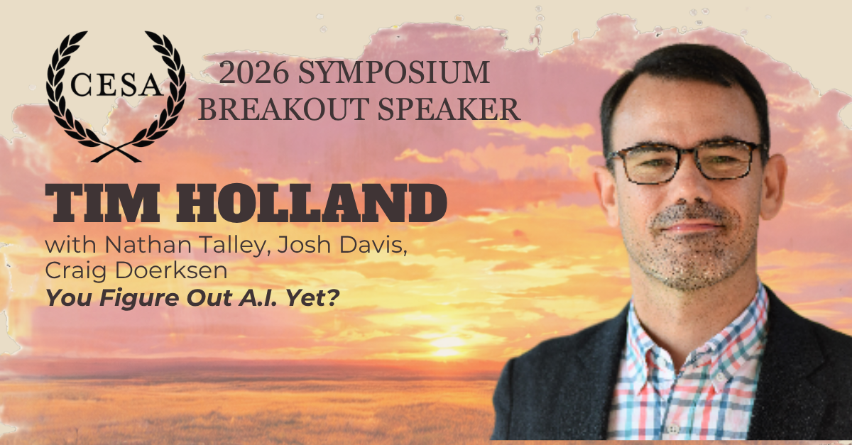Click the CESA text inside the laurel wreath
click(116, 85)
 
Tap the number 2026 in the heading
click(253, 72)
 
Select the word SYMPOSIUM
click(393, 72)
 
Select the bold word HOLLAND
click(311, 203)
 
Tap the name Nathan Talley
click(185, 245)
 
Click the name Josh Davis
click(342, 245)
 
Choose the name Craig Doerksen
click(136, 271)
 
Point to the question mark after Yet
click(333, 297)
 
